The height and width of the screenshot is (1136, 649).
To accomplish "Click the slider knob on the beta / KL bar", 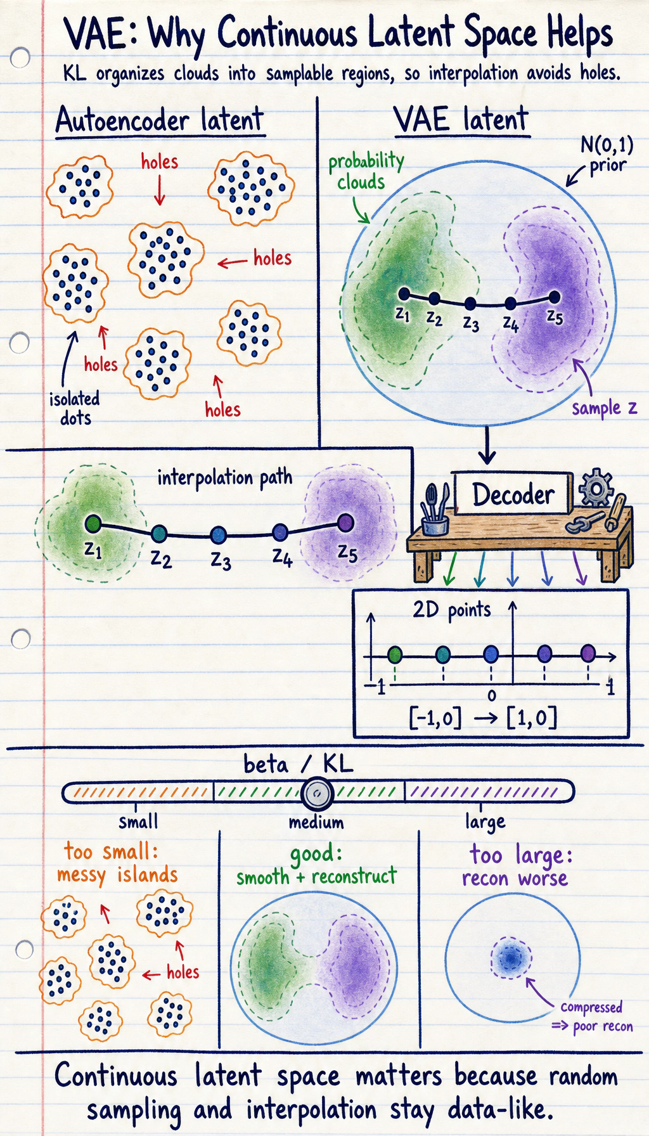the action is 317,793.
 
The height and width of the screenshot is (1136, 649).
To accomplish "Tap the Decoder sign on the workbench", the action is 513,494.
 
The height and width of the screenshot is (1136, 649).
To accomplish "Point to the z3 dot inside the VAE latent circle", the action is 470,304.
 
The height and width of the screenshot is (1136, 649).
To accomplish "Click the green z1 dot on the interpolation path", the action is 93,524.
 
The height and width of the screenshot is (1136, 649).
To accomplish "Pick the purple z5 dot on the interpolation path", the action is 345,522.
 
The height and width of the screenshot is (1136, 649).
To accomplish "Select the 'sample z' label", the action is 604,408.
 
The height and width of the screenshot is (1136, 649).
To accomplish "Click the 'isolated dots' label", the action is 75,408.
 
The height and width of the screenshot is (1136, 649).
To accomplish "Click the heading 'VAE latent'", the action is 461,119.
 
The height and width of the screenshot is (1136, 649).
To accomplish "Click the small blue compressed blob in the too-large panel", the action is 511,958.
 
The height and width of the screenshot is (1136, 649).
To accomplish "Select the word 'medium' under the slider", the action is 316,823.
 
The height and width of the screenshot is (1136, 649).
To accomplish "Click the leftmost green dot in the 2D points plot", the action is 395,654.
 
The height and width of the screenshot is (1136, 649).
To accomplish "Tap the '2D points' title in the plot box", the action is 451,610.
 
